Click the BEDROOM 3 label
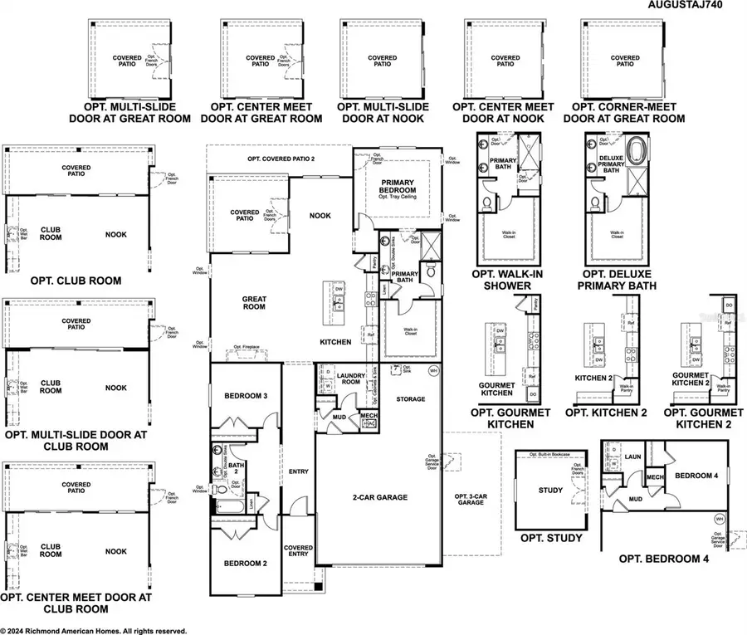(x=246, y=397)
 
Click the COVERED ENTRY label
(x=298, y=553)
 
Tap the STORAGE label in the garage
(x=410, y=399)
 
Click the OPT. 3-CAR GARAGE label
(x=471, y=499)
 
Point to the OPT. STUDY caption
(x=550, y=539)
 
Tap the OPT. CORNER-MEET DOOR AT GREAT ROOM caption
(x=624, y=113)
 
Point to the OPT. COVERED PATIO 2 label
(x=287, y=159)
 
